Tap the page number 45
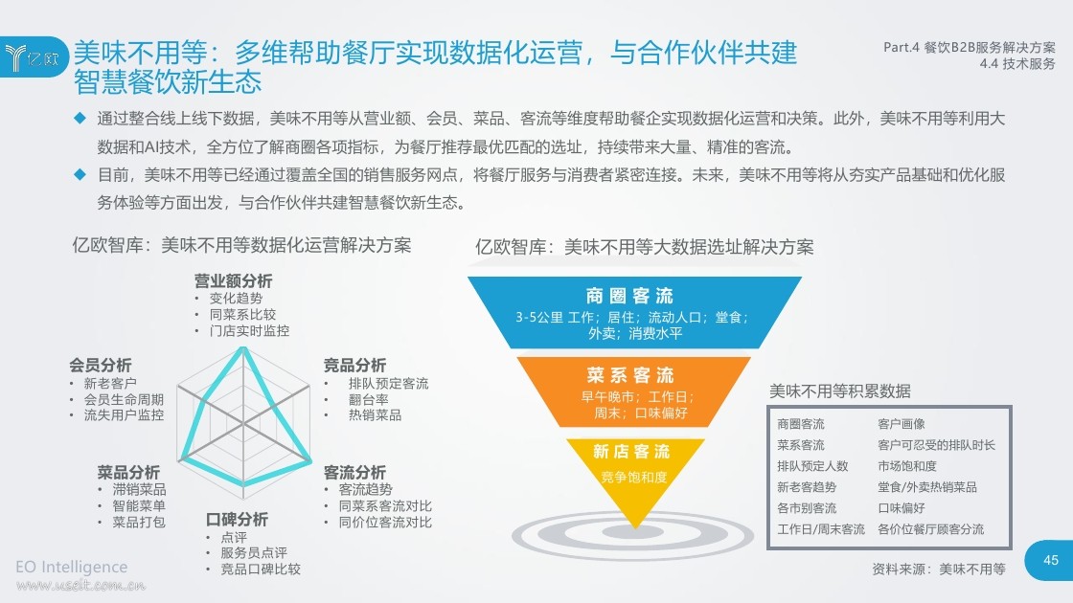pyautogui.click(x=1050, y=560)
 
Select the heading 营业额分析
pyautogui.click(x=234, y=281)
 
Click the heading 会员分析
pyautogui.click(x=100, y=365)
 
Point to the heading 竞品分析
pyautogui.click(x=354, y=365)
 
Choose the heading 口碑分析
pyautogui.click(x=237, y=520)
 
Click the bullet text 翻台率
pyautogui.click(x=368, y=399)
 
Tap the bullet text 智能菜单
pyautogui.click(x=139, y=506)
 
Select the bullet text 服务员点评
pyautogui.click(x=254, y=552)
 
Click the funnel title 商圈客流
pyautogui.click(x=629, y=296)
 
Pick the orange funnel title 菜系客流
pyautogui.click(x=630, y=375)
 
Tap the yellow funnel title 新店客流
pyautogui.click(x=631, y=451)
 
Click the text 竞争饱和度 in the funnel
pyautogui.click(x=633, y=478)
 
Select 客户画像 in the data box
pyautogui.click(x=902, y=424)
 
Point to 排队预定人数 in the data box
pyautogui.click(x=812, y=466)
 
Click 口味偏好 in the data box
pyautogui.click(x=902, y=508)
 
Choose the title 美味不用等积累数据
pyautogui.click(x=839, y=391)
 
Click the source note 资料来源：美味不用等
pyautogui.click(x=939, y=569)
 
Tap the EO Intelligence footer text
pyautogui.click(x=71, y=567)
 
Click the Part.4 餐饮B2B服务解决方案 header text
pyautogui.click(x=969, y=47)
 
